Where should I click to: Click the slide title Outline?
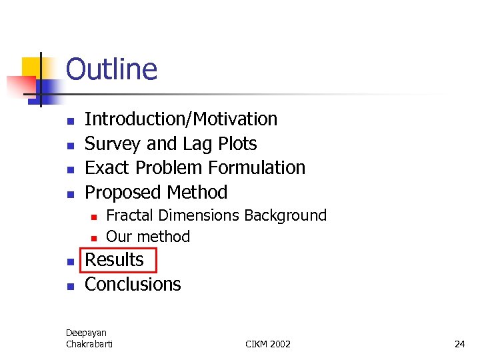(x=111, y=69)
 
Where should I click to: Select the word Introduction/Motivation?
(x=181, y=119)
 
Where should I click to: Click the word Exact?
(x=109, y=168)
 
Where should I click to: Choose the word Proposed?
(x=124, y=193)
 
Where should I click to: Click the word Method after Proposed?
(x=197, y=193)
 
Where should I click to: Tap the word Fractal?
(x=129, y=215)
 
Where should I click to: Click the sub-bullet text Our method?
(x=148, y=237)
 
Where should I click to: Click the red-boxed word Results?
(x=114, y=260)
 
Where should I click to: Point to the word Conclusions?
(x=133, y=285)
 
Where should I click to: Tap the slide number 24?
(x=459, y=344)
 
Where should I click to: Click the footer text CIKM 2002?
(x=268, y=344)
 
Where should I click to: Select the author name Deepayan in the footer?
(x=86, y=333)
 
